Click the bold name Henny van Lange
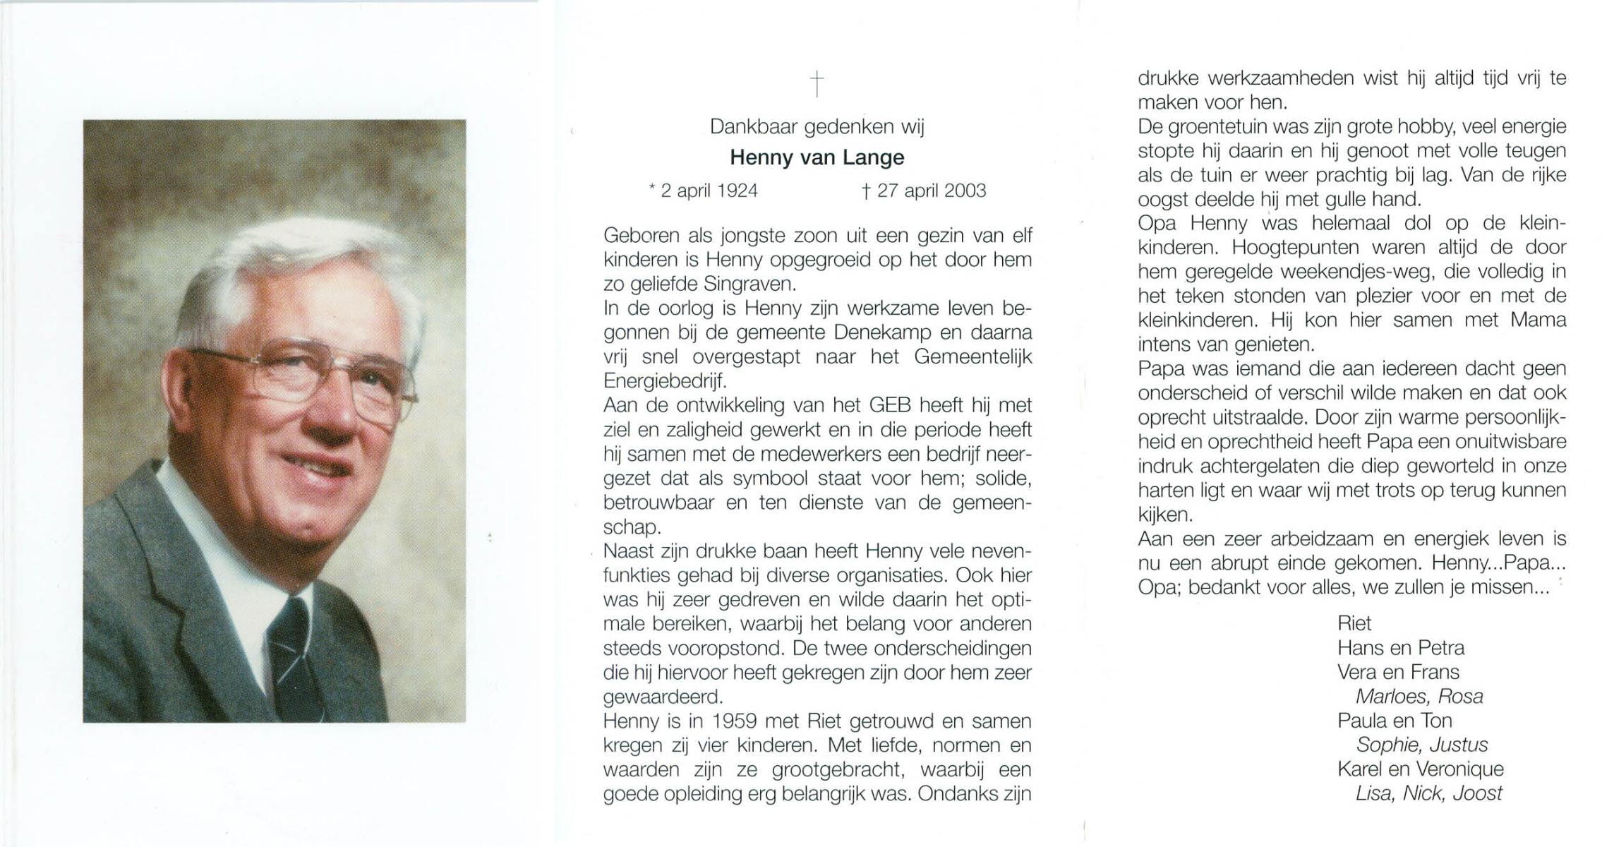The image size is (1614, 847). click(x=817, y=157)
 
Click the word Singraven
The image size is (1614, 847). click(x=749, y=284)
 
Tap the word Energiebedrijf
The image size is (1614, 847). click(x=664, y=381)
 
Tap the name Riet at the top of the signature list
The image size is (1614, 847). click(x=1354, y=623)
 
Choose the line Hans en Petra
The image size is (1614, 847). click(x=1400, y=648)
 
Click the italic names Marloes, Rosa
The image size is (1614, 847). click(x=1419, y=697)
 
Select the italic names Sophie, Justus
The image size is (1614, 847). click(x=1421, y=745)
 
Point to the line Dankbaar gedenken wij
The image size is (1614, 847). click(x=817, y=127)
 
